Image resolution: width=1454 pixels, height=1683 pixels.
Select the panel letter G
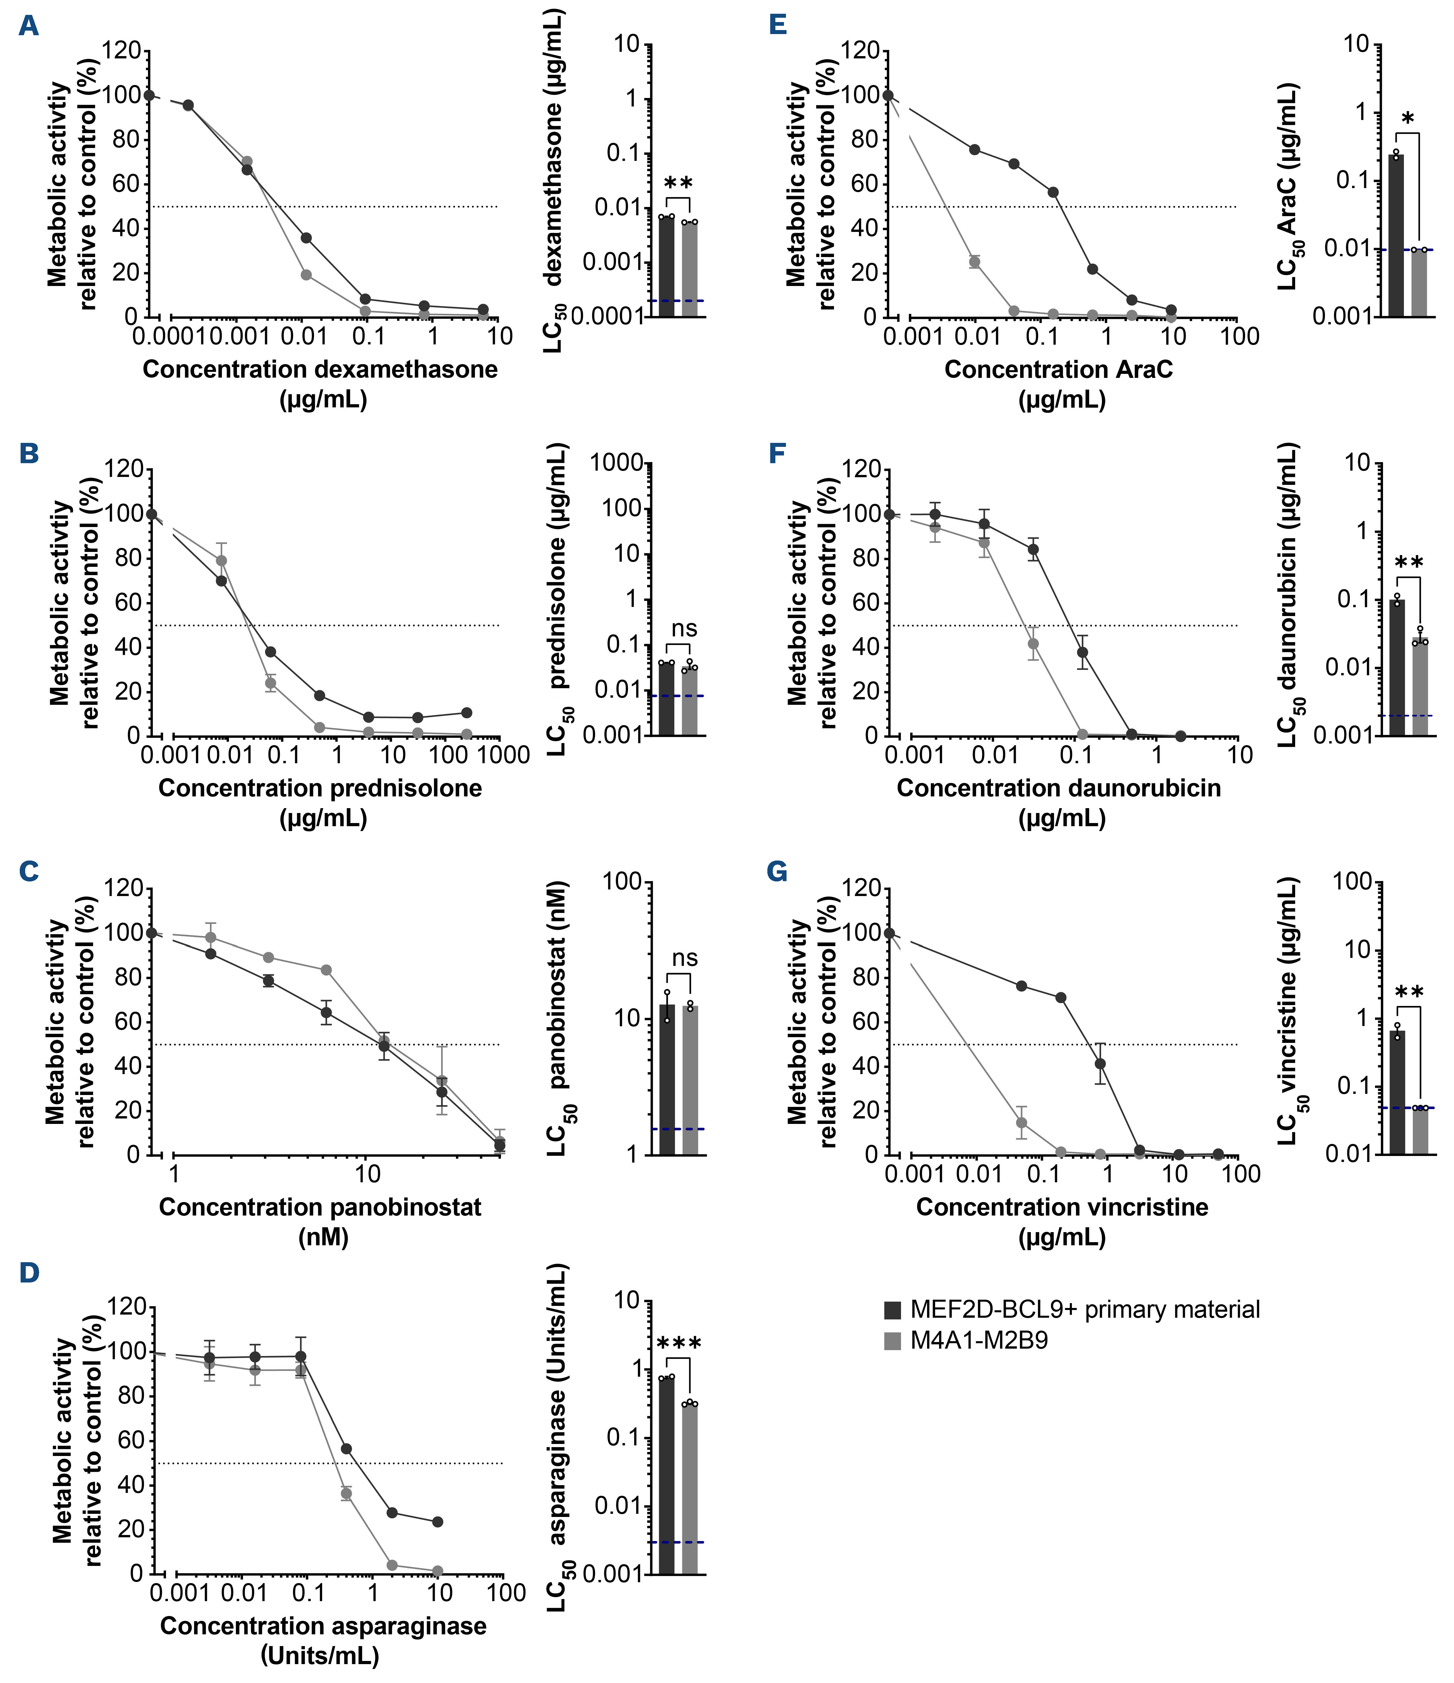click(x=777, y=871)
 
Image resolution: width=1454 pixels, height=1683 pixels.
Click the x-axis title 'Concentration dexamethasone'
click(x=320, y=370)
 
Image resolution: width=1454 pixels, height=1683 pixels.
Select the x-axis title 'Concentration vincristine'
click(x=1062, y=1207)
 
